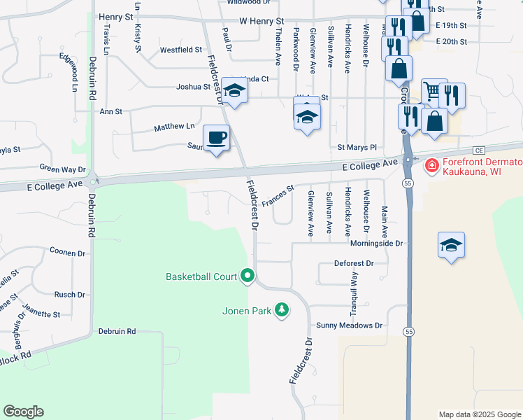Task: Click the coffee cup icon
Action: click(x=217, y=137)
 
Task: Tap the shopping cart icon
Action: click(x=433, y=90)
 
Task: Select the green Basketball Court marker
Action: click(x=248, y=276)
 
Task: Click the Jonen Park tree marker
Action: click(x=281, y=309)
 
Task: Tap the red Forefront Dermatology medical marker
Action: click(x=432, y=166)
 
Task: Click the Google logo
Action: click(x=23, y=412)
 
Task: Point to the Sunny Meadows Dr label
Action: click(x=349, y=325)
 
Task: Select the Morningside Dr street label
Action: click(x=378, y=244)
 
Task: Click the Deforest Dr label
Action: click(x=354, y=263)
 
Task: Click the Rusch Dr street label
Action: click(x=69, y=295)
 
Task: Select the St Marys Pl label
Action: click(x=357, y=148)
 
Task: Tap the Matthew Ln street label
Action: click(x=174, y=127)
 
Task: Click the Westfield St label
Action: click(x=180, y=50)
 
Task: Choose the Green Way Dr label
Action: click(x=62, y=169)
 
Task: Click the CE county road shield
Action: click(x=479, y=150)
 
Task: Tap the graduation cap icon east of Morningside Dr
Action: click(x=451, y=245)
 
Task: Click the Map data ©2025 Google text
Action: click(x=479, y=414)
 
